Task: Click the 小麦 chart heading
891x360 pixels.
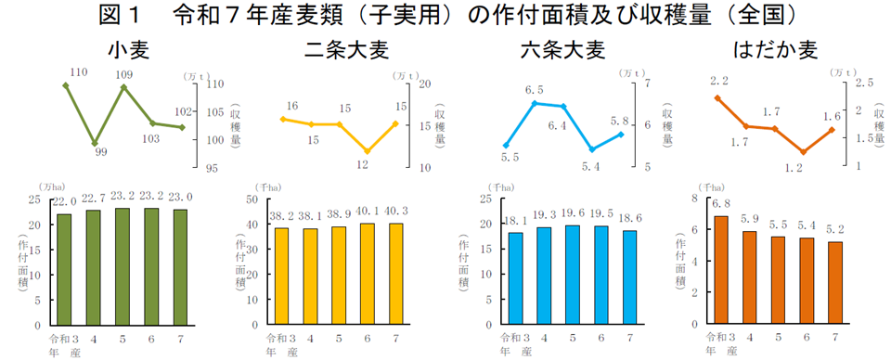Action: tap(128, 49)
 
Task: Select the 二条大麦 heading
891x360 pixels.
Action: tap(345, 49)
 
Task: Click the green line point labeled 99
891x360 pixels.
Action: tap(95, 144)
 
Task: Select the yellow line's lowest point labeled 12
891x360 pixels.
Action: tap(368, 151)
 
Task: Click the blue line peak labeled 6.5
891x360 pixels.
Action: tap(534, 102)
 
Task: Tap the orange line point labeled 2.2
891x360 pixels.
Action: tap(717, 96)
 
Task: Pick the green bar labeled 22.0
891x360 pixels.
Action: tap(64, 269)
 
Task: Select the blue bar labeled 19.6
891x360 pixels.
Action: tap(573, 275)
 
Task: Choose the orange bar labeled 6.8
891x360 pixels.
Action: tap(719, 270)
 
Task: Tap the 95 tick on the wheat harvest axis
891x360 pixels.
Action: tap(213, 168)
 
